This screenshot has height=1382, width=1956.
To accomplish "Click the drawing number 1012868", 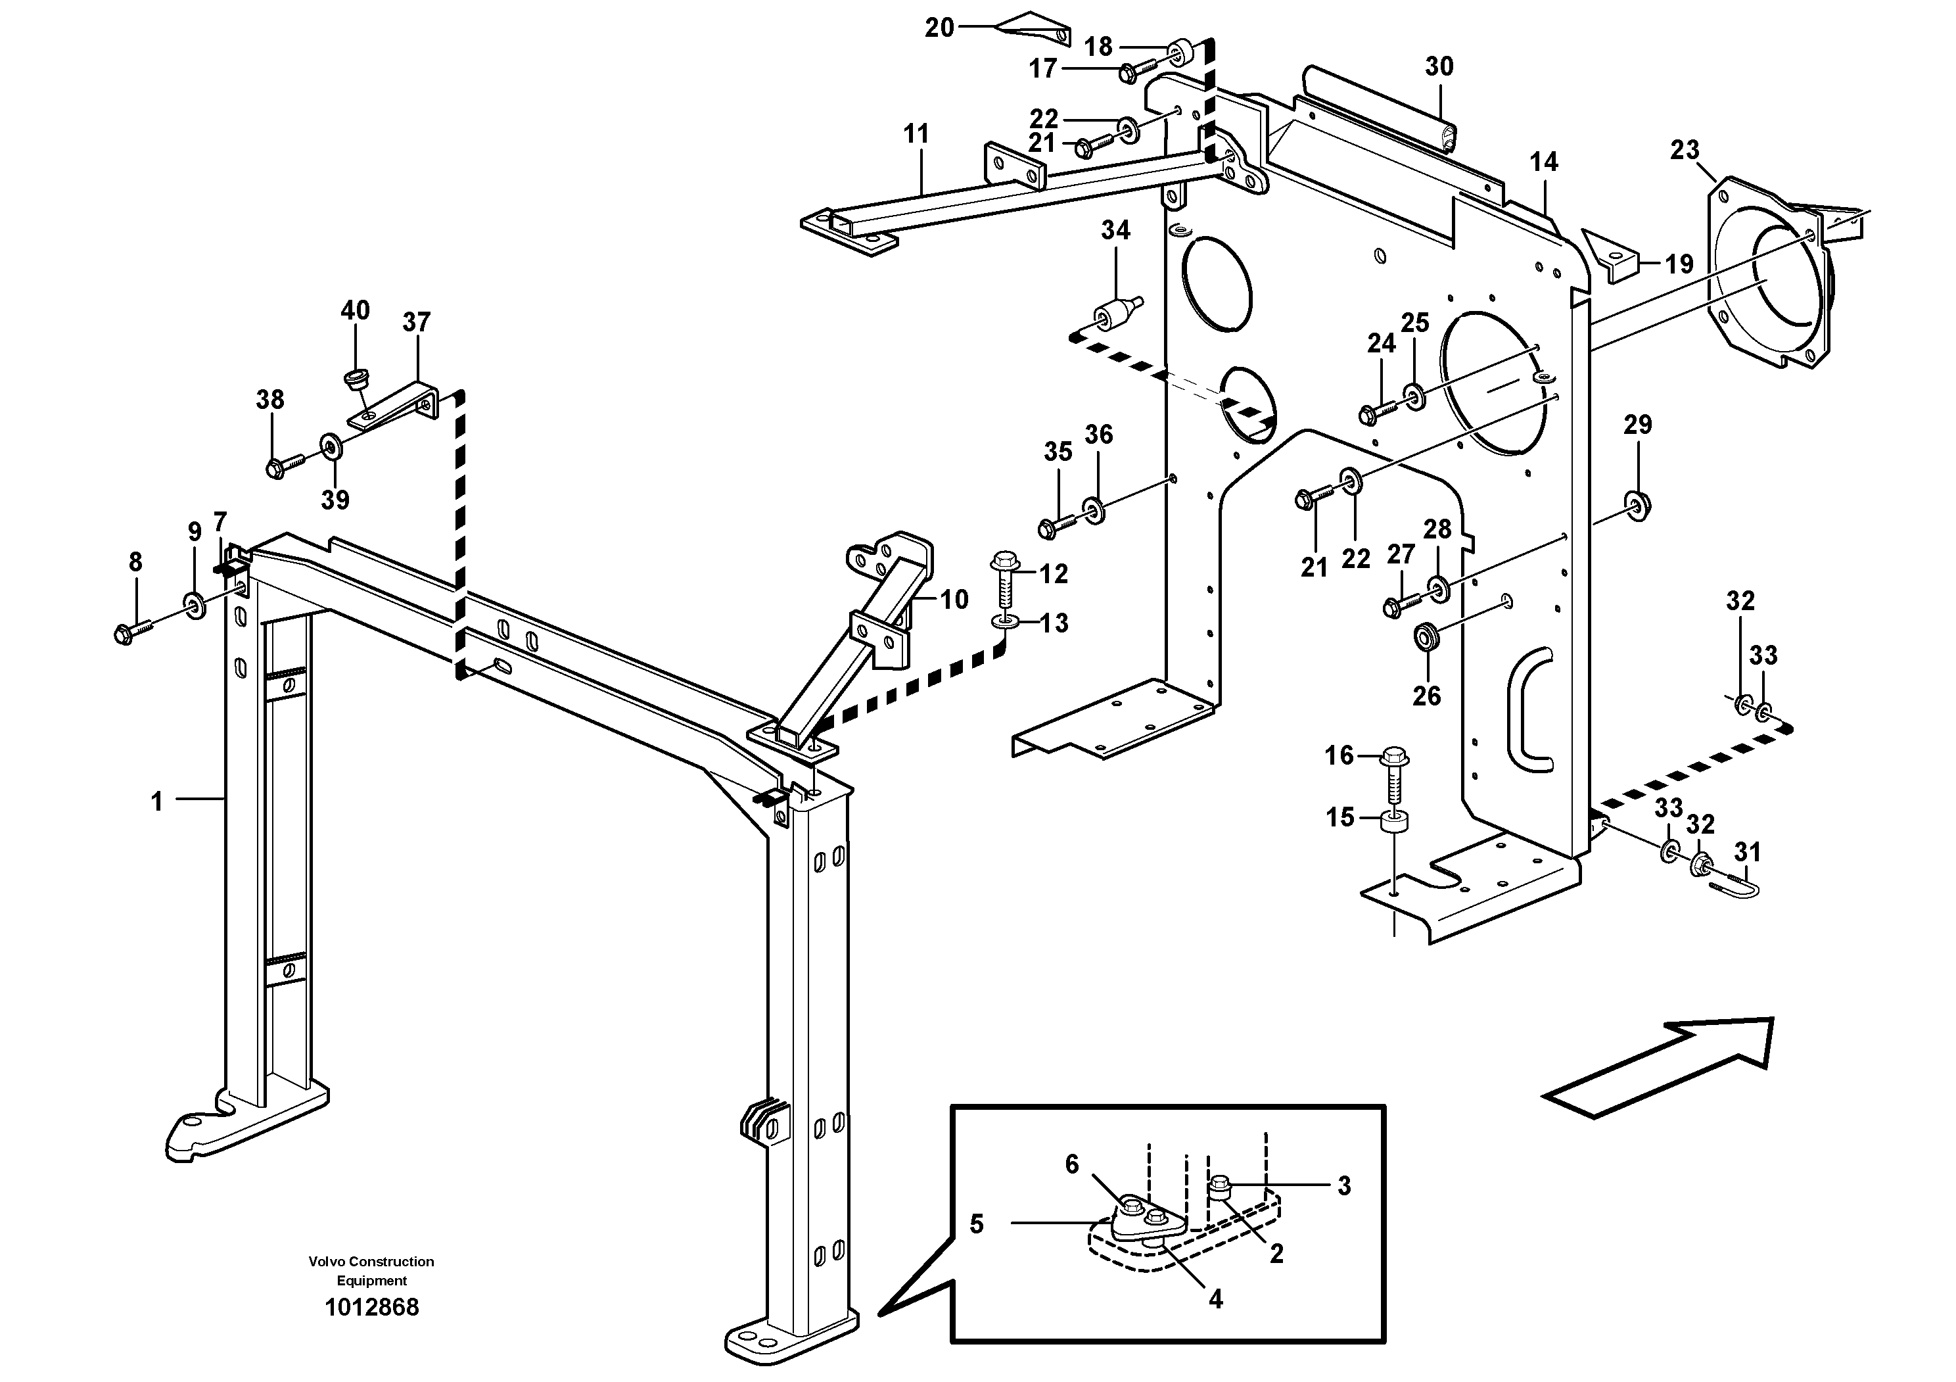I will pyautogui.click(x=371, y=1307).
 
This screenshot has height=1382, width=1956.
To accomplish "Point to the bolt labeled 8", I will pyautogui.click(x=131, y=632).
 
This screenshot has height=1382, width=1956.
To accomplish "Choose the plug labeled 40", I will pyautogui.click(x=354, y=377).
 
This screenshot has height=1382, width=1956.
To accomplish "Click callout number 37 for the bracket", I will pyautogui.click(x=417, y=322).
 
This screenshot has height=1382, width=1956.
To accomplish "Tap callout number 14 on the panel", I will pyautogui.click(x=1544, y=162).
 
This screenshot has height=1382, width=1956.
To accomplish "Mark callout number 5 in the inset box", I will pyautogui.click(x=976, y=1224).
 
